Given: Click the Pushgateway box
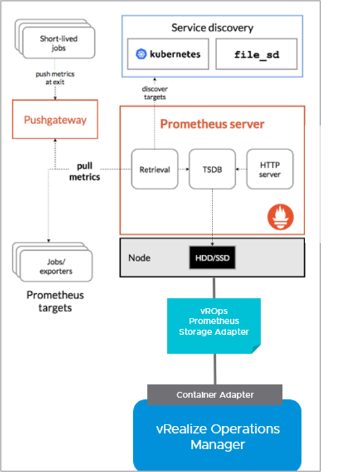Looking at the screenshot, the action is point(55,119).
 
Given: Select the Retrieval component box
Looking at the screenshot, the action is point(155,169).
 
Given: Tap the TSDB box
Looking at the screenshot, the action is point(212,169).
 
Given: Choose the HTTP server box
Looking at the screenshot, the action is point(270,169).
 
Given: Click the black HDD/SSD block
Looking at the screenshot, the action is point(212,257).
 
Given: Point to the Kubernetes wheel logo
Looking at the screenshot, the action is point(141,54).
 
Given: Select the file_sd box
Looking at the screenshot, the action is point(257,54).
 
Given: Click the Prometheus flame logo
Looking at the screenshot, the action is point(280,217).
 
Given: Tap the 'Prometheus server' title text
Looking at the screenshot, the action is point(212,124).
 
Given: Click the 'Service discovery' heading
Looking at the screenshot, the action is point(212,28).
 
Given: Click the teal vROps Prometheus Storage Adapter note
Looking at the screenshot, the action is point(214,326).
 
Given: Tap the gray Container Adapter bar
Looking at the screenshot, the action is point(214,395).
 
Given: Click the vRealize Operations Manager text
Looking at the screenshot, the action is point(218,436).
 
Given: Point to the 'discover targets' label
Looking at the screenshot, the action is point(155,93).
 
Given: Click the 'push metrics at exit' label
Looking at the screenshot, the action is point(55,77).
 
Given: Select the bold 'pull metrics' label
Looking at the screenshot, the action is point(84,171).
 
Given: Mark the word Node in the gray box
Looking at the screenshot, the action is point(139,258).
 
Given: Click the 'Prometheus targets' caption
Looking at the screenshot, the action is point(55,301).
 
